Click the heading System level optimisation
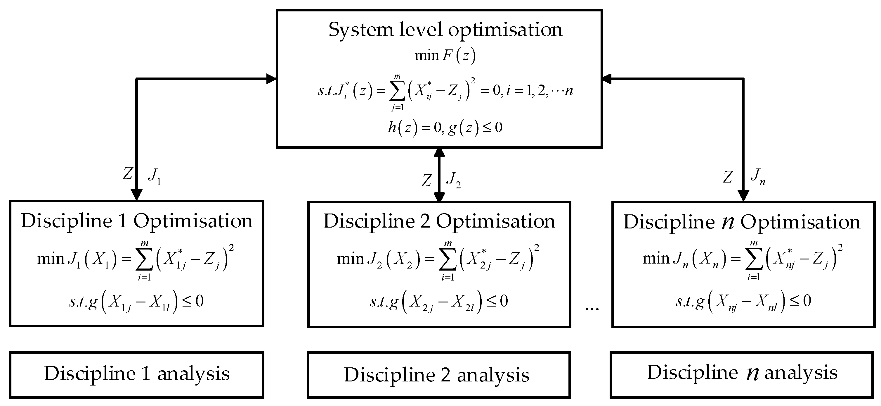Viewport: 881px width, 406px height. pyautogui.click(x=445, y=30)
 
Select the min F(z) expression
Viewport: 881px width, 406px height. pyautogui.click(x=445, y=56)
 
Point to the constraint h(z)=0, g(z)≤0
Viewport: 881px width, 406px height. pyautogui.click(x=445, y=128)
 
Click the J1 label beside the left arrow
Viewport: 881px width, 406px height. pyautogui.click(x=154, y=176)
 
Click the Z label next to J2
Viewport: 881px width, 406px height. pyautogui.click(x=426, y=180)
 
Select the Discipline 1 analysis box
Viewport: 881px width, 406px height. pyautogui.click(x=136, y=374)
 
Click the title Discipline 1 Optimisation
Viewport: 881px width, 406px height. pyautogui.click(x=136, y=221)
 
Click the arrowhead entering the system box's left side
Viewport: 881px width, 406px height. pyautogui.click(x=272, y=79)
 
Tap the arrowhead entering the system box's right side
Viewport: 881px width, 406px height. pyautogui.click(x=607, y=79)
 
